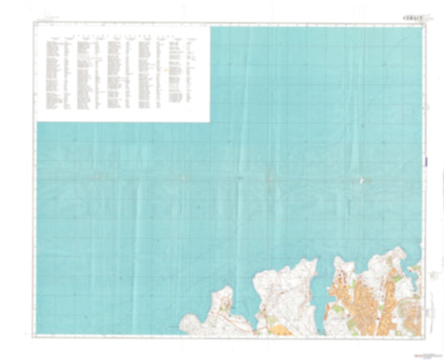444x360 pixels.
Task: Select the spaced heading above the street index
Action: point(122,37)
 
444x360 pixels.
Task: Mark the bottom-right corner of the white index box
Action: point(208,122)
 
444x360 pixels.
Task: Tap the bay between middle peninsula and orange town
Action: point(327,283)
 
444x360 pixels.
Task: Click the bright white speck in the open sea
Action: point(361,179)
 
